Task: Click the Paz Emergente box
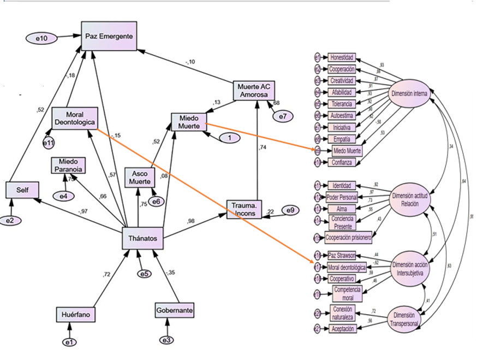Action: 109,36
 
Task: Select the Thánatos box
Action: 142,239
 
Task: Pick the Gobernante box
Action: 174,310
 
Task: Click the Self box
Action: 22,190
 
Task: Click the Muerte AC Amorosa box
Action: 253,91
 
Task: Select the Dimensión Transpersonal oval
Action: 406,320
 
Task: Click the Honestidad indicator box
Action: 342,57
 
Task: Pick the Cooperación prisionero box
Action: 348,238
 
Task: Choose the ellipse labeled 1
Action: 230,138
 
